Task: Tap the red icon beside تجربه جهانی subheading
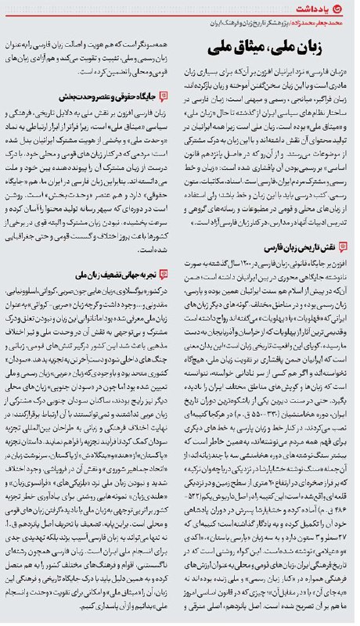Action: [x=163, y=275]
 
